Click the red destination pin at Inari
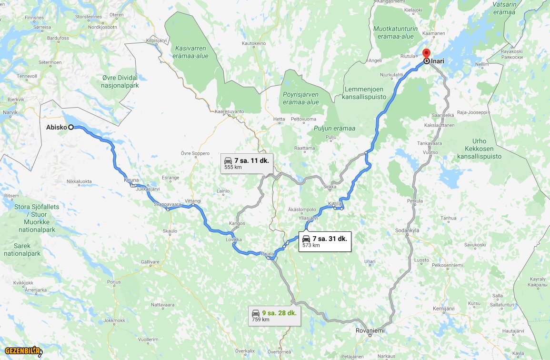pyautogui.click(x=426, y=53)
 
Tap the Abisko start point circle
pyautogui.click(x=70, y=127)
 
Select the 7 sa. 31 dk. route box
pyautogui.click(x=325, y=241)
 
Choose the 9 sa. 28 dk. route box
pyautogui.click(x=274, y=315)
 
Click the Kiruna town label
pyautogui.click(x=131, y=180)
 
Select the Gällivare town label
pyautogui.click(x=150, y=262)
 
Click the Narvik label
pyautogui.click(x=10, y=112)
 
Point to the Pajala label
pyautogui.click(x=267, y=254)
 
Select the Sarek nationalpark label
pyautogui.click(x=22, y=250)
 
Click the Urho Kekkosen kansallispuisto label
pyautogui.click(x=479, y=149)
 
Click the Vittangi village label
pyautogui.click(x=193, y=201)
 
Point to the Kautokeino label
pyautogui.click(x=254, y=43)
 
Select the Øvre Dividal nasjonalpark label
pyautogui.click(x=120, y=81)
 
